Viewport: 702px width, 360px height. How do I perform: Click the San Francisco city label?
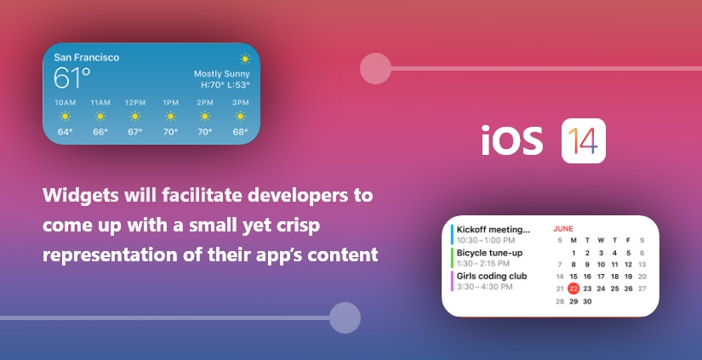87,57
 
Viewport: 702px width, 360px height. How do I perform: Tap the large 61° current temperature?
71,77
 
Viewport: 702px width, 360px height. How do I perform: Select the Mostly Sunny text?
221,74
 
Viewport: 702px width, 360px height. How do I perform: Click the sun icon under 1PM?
170,117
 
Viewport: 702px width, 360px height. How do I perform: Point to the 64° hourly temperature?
65,132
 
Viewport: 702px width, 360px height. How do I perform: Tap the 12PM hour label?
135,102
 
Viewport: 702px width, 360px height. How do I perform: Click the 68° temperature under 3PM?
240,132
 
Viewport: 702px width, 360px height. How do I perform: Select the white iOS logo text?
512,140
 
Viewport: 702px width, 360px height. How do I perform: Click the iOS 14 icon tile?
584,140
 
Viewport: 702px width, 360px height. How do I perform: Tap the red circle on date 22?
574,289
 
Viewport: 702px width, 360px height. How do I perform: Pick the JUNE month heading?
563,229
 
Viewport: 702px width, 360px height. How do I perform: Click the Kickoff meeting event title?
493,230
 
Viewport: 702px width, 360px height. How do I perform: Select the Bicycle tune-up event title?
489,253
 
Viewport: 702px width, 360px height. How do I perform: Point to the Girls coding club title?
492,277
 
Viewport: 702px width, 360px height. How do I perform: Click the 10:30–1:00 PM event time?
486,241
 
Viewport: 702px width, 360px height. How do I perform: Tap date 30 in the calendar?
587,301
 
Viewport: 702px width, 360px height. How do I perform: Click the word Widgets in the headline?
81,195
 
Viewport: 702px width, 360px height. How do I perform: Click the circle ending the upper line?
375,68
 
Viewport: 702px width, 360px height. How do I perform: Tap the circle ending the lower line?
345,318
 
